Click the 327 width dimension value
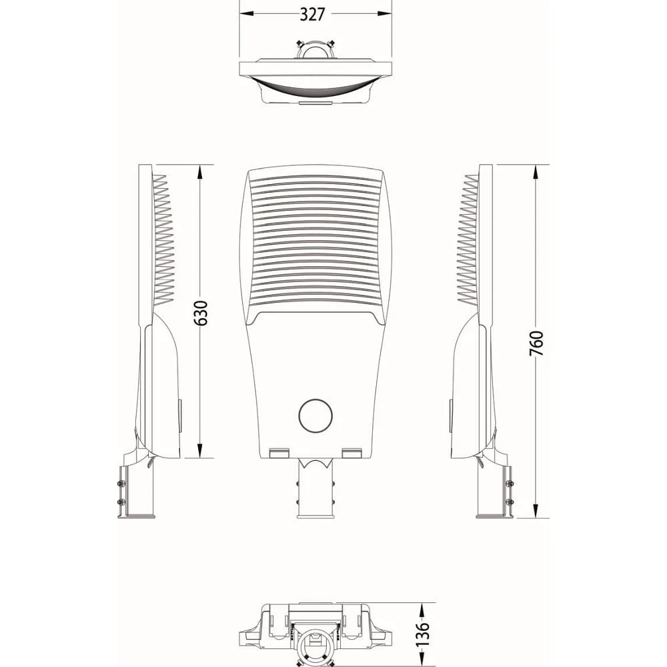point(312,14)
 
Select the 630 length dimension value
point(201,313)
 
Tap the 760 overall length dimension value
point(536,344)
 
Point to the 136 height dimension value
point(422,634)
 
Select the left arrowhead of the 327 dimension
point(247,13)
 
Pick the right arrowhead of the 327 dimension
point(384,13)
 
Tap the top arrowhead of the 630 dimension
point(200,172)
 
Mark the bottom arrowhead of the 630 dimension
point(200,450)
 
